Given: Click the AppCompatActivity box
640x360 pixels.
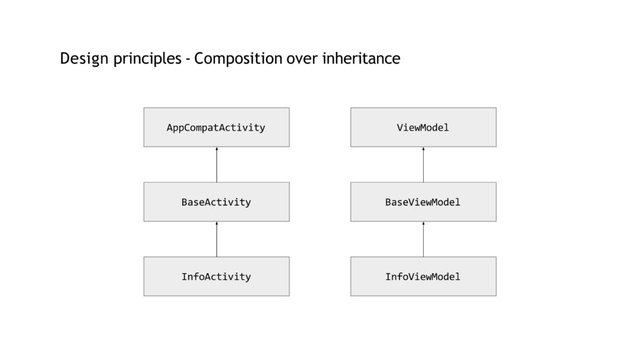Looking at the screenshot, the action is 216,127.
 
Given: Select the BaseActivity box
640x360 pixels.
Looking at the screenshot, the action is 216,202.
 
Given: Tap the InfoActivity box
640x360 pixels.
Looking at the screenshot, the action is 216,276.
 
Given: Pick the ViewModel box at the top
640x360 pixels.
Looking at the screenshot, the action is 423,127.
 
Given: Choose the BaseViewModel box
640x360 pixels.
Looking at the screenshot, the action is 423,202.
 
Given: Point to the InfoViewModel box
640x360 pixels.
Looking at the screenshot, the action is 423,276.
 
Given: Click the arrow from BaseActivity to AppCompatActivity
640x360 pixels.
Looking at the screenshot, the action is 217,164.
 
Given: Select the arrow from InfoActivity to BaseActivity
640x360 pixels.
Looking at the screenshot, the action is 217,239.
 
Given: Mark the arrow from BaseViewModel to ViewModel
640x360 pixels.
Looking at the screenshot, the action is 423,164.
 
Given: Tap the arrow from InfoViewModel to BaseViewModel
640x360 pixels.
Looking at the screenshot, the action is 423,239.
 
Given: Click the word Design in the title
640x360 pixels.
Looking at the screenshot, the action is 84,59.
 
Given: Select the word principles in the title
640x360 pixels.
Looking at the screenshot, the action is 147,59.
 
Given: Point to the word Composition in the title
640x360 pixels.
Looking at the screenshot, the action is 238,59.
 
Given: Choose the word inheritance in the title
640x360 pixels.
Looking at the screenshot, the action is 361,58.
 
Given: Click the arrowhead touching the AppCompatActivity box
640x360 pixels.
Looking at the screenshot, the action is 217,149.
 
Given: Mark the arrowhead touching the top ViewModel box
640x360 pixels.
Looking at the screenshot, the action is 423,149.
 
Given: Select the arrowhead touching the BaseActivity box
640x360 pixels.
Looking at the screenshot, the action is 217,223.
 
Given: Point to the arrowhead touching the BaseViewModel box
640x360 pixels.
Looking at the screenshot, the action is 423,223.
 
